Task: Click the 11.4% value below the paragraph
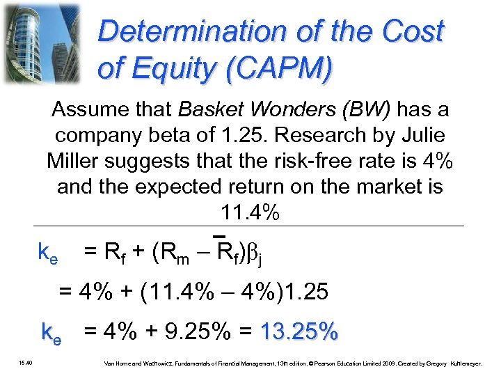(250, 213)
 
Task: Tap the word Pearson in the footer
(325, 363)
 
